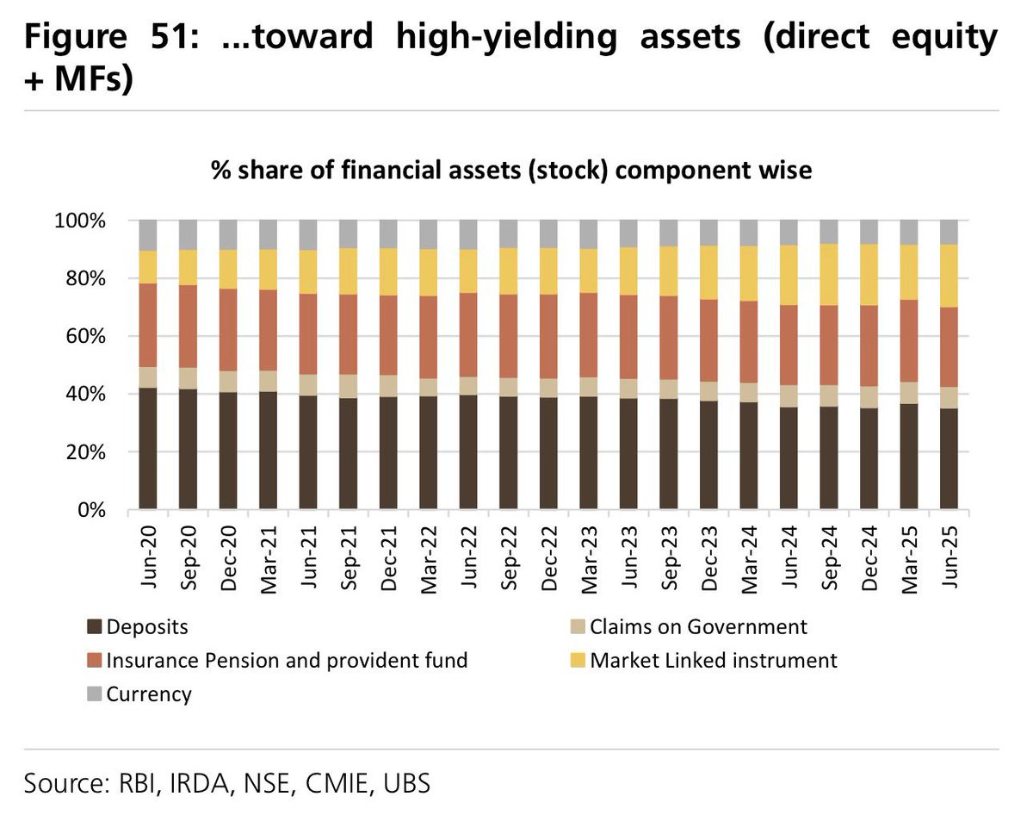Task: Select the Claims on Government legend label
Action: pyautogui.click(x=698, y=627)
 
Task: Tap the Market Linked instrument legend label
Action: pyautogui.click(x=714, y=661)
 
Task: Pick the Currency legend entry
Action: pyautogui.click(x=148, y=694)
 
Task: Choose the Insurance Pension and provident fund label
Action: pyautogui.click(x=287, y=661)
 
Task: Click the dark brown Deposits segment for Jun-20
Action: pyautogui.click(x=148, y=448)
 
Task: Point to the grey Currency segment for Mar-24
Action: pyautogui.click(x=749, y=233)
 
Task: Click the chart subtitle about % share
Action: pyautogui.click(x=511, y=171)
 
